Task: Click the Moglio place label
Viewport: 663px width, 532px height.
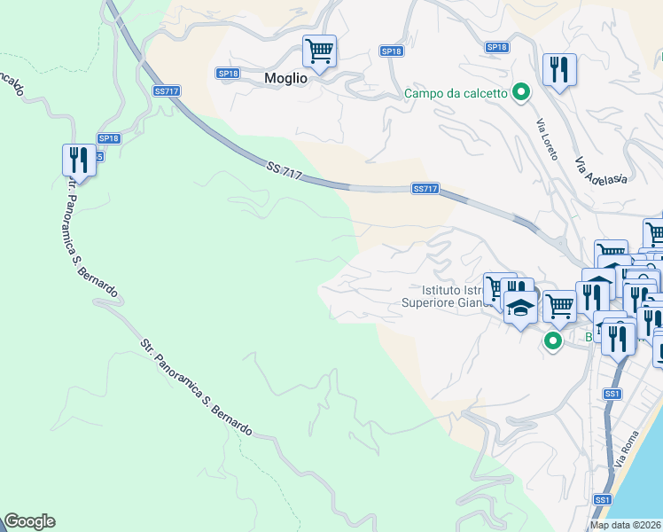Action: click(x=285, y=78)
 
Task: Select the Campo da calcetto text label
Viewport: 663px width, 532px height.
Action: click(x=456, y=93)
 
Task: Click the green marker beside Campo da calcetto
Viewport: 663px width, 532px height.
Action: click(x=522, y=92)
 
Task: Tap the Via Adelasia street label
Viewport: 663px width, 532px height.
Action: click(x=601, y=171)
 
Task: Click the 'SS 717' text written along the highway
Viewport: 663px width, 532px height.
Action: click(x=285, y=171)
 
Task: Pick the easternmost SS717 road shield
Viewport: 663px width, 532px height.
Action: click(x=425, y=189)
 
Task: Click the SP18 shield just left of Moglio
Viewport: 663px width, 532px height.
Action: click(x=227, y=73)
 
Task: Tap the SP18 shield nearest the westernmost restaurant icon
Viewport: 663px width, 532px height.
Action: click(x=108, y=138)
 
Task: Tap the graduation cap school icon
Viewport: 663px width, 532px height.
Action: click(x=519, y=307)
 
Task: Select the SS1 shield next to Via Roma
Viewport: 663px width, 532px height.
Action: click(x=612, y=394)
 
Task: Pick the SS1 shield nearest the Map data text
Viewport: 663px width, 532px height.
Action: click(x=602, y=501)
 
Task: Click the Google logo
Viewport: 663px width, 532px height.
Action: click(x=29, y=521)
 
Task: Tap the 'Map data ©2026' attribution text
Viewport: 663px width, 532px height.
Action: click(x=626, y=525)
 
